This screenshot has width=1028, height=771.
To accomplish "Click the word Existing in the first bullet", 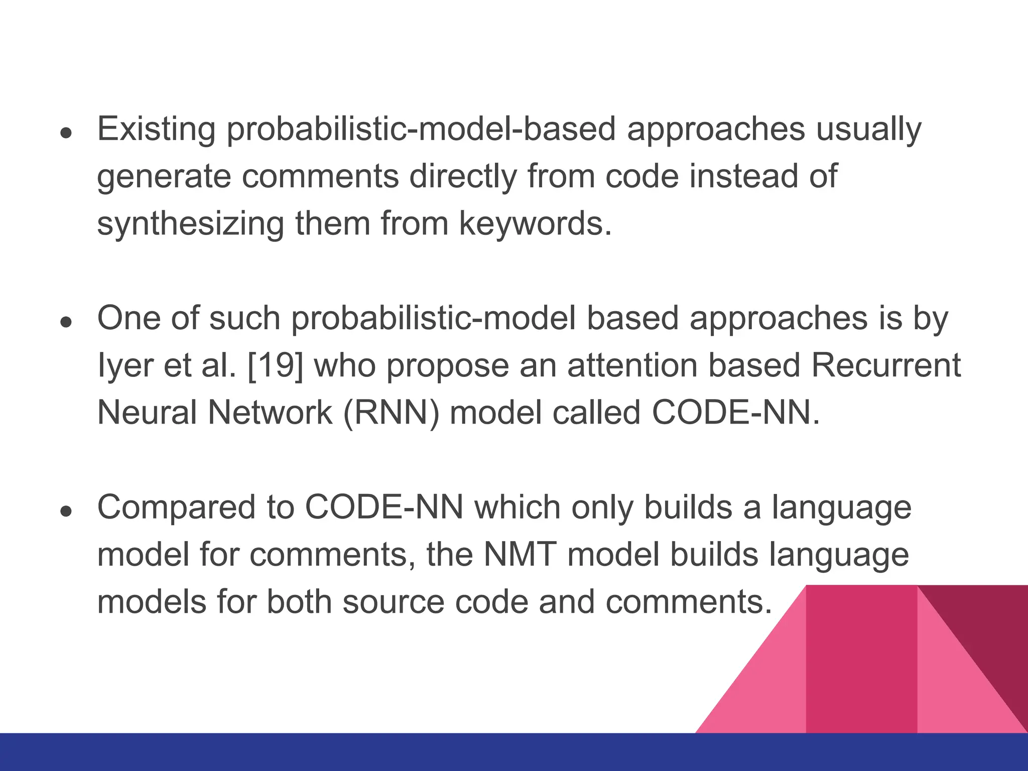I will [156, 130].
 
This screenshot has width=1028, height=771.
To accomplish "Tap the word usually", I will [868, 130].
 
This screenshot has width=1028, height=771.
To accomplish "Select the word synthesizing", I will [190, 224].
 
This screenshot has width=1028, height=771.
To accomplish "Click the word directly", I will [463, 177].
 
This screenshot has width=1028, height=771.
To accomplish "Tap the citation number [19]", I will [275, 365].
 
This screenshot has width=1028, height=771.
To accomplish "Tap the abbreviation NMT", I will [520, 555].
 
